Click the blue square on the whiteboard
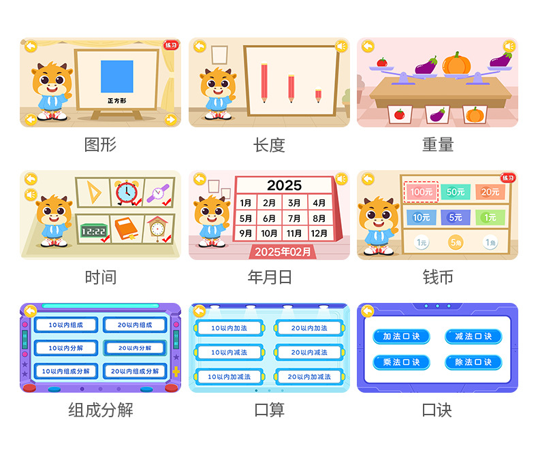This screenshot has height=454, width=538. tap(117, 76)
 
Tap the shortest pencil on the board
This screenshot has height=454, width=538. tap(318, 95)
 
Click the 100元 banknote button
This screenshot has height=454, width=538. tap(422, 192)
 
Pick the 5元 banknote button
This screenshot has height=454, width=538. tap(456, 218)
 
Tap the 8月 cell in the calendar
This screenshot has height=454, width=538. tap(319, 218)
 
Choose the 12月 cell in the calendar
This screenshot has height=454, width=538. tap(319, 233)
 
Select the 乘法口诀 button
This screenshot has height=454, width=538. tap(401, 362)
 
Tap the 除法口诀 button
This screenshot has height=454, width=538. tap(473, 362)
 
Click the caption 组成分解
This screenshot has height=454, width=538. tap(100, 410)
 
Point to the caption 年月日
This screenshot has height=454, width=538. tap(269, 277)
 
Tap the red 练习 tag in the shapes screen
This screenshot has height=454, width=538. tap(170, 46)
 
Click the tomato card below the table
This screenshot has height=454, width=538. tap(400, 114)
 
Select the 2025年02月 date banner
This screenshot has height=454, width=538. tap(283, 252)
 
